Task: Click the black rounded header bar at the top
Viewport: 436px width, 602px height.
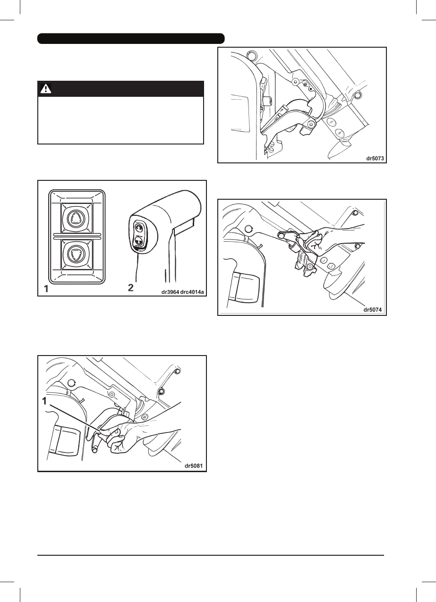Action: (x=131, y=38)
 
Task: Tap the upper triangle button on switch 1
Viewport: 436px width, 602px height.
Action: (x=76, y=218)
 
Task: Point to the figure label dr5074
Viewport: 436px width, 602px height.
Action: (x=373, y=310)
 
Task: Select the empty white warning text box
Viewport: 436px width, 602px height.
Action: (x=120, y=120)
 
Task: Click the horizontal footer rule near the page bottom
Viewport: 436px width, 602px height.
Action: (x=211, y=555)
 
